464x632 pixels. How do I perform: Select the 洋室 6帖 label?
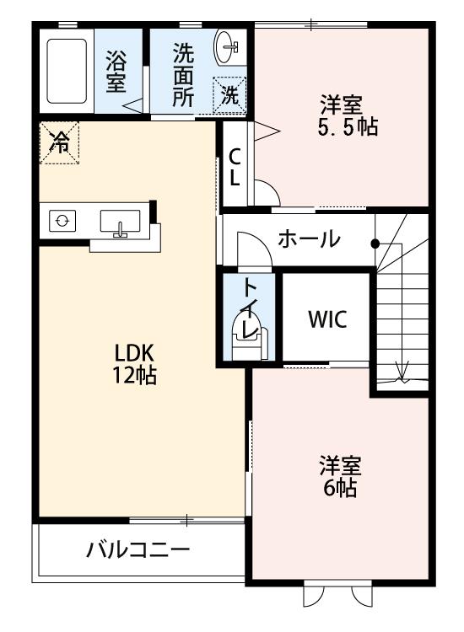tap(338, 475)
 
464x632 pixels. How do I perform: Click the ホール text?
tap(309, 239)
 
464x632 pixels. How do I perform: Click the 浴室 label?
tap(116, 72)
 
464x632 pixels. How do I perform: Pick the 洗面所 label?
tap(183, 74)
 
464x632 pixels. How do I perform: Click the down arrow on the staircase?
tap(402, 372)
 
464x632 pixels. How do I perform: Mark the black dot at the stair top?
tap(375, 244)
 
